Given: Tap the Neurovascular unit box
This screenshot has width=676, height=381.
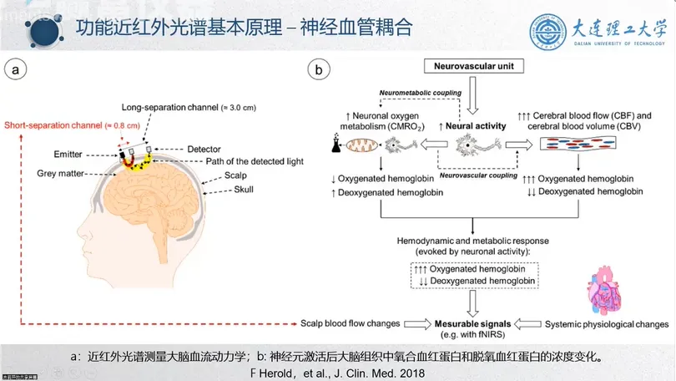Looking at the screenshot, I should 472,66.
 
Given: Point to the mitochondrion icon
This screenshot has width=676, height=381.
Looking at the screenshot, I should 360,145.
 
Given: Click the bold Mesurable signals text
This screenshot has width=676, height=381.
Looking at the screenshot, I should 472,323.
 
